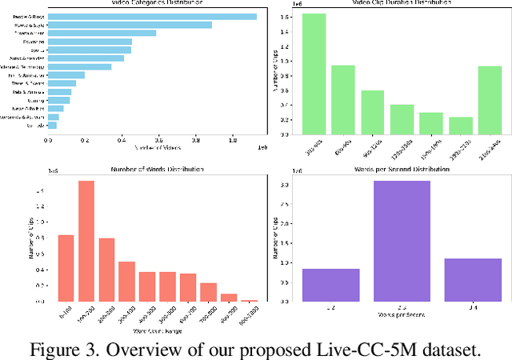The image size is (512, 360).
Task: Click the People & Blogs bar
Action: pos(152,17)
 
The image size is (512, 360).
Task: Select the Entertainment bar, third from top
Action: pos(102,33)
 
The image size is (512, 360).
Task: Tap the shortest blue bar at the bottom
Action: pos(52,125)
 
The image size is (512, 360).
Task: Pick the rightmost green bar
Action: pos(490,99)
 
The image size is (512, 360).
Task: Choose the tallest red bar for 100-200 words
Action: pos(86,241)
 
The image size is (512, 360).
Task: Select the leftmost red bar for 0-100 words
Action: pos(66,268)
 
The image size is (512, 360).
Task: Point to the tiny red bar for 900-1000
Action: pos(250,301)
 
